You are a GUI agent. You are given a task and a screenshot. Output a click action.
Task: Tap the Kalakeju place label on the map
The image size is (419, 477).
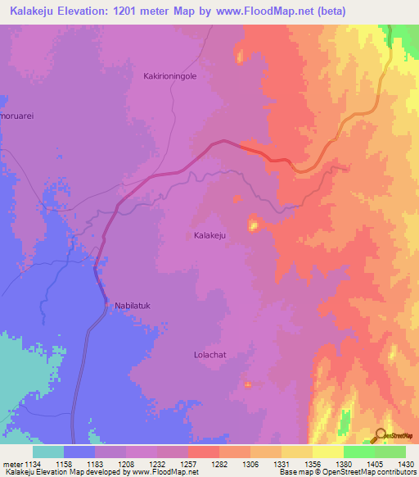[x=209, y=235]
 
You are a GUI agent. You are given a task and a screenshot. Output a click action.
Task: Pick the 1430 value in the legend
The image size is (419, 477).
[x=405, y=464]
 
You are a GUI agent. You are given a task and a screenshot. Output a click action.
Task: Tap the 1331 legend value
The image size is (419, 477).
[x=282, y=464]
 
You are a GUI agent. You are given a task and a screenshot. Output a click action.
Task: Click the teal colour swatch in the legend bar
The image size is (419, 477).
[x=48, y=452]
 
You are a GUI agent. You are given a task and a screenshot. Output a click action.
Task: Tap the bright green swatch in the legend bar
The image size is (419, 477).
[x=358, y=452]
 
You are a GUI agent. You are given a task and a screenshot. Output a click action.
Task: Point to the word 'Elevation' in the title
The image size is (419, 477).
[x=92, y=11]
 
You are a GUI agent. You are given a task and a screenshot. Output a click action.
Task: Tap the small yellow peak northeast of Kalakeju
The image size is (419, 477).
[x=253, y=223]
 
